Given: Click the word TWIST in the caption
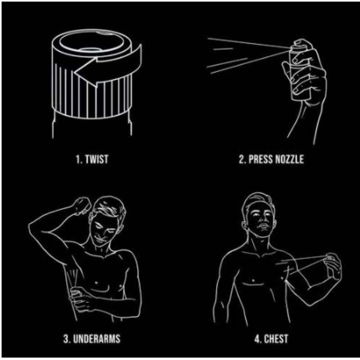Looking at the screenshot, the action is pos(96,159).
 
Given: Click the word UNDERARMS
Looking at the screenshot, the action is pos(97,339).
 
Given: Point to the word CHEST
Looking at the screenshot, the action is pos(276,339).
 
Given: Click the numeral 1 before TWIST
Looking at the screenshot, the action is pos(78,159).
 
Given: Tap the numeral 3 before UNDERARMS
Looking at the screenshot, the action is pos(66,339).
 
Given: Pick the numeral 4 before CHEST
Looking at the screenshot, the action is pos(257,339).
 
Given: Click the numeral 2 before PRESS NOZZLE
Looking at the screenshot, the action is pos(242,159).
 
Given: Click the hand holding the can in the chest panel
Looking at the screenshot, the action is pos(333,267).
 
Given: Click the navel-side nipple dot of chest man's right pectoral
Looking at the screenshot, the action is pos(253,280).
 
